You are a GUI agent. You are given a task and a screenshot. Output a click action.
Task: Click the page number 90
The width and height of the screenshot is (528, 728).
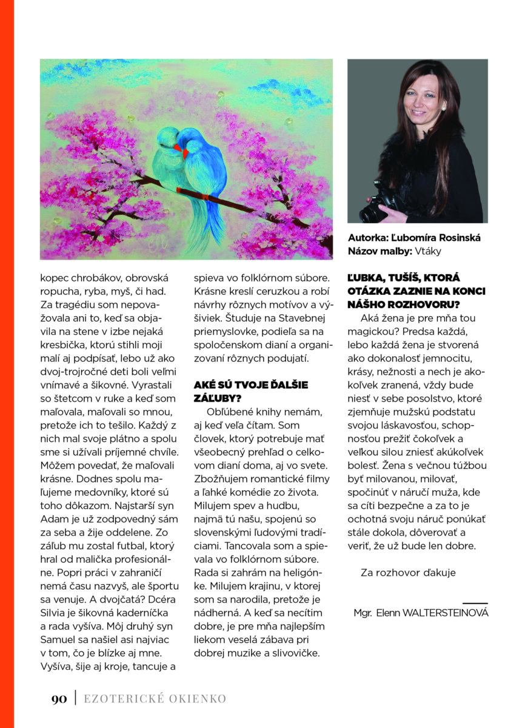59,699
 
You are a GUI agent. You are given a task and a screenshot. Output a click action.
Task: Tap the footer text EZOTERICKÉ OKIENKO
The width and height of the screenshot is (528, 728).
155,699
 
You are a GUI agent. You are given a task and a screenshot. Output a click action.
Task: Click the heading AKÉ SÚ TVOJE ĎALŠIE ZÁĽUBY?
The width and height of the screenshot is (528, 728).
251,392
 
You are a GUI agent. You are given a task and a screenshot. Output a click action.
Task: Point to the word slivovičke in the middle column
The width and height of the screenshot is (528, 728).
292,653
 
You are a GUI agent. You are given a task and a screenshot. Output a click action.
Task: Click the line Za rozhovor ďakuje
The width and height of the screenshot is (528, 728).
407,572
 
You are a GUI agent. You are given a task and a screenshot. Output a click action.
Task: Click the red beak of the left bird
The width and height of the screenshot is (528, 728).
176,147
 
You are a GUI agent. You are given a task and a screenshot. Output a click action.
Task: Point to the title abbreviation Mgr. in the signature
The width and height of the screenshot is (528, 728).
364,613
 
